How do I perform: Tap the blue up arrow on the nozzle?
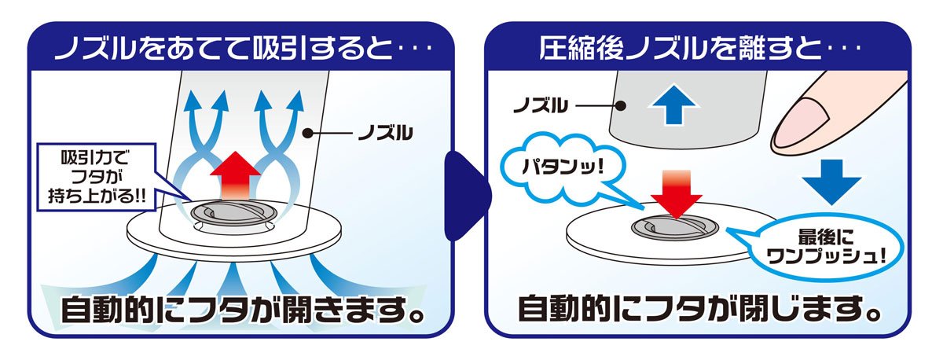point(673,105)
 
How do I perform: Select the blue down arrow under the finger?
point(831,182)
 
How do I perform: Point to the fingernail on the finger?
point(802,121)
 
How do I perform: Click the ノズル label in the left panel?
point(385,134)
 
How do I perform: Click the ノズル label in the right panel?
point(541,105)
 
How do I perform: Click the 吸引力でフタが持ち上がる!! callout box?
point(97,177)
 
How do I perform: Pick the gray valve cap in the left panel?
point(233,214)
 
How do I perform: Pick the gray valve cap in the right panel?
point(675,228)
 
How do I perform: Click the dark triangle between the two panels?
point(468,197)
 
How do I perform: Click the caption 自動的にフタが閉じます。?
point(699,310)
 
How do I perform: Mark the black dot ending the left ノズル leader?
point(308,134)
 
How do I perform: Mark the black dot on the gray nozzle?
point(620,105)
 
